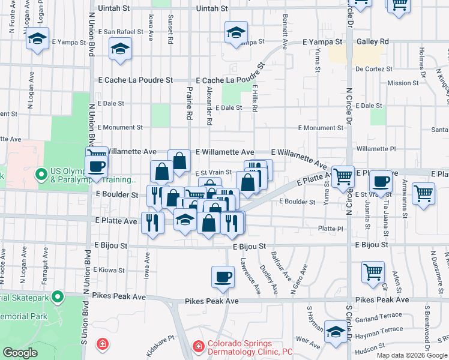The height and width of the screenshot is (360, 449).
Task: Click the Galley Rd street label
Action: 372,41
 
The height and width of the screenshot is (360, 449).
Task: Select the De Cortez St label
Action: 373,69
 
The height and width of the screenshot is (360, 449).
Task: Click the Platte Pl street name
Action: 331,229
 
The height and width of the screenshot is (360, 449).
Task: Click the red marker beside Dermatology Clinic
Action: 197,347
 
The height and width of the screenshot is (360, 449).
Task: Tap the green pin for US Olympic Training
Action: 41,175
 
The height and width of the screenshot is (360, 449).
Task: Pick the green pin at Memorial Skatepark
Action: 58,296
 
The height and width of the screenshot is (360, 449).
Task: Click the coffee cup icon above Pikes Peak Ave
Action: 223,277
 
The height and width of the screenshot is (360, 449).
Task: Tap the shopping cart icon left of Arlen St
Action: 373,271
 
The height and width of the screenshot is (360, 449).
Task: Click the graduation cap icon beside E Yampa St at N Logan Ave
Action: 38,39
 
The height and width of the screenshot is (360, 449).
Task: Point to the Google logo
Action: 20,353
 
